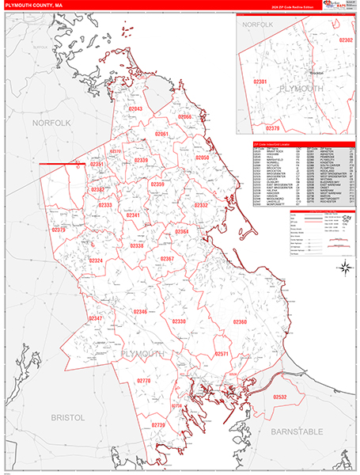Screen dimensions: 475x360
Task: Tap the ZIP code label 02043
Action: [135, 108]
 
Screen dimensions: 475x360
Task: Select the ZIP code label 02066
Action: [185, 116]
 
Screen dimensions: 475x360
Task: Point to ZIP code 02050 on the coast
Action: [203, 158]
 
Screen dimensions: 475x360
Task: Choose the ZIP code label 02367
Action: [167, 259]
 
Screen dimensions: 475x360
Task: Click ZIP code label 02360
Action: [241, 321]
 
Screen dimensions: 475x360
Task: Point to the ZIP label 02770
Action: [143, 381]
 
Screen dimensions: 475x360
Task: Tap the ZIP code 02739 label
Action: [158, 425]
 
